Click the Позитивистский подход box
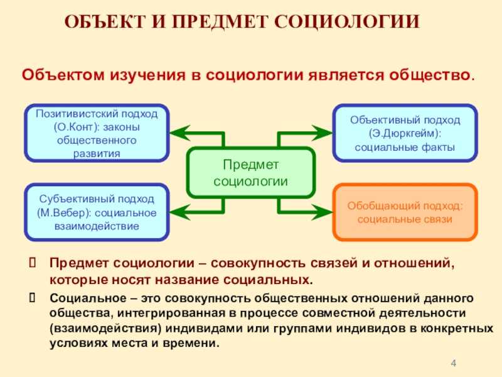coord(96,133)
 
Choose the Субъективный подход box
coord(96,212)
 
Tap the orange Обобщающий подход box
coord(405,212)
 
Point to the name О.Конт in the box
coord(73,126)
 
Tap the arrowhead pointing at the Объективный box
coord(323,133)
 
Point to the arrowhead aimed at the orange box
coord(323,212)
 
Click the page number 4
coord(452,363)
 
